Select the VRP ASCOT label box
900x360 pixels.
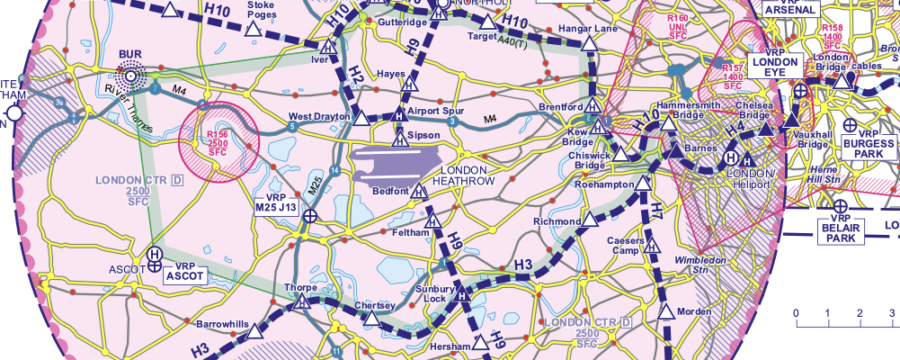click(184, 273)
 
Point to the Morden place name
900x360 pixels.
click(695, 312)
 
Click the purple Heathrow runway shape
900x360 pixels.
click(400, 160)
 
